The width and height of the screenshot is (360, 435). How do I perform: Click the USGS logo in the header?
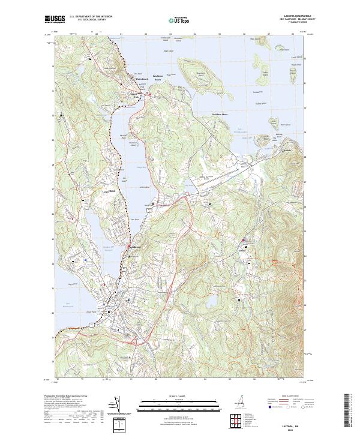tap(55, 19)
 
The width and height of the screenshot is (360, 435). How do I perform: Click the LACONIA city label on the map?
tap(109, 190)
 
